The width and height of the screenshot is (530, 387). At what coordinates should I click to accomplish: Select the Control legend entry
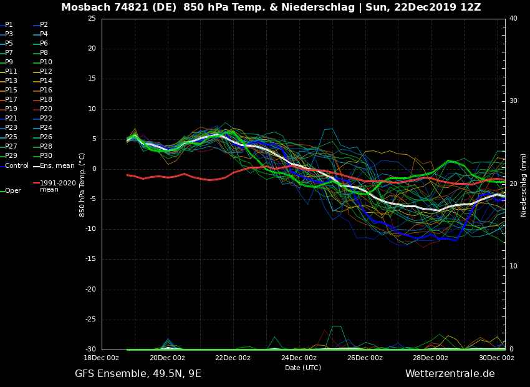[16, 166]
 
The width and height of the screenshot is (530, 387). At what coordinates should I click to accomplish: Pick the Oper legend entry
[12, 191]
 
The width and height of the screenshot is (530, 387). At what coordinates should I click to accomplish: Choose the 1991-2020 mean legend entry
[57, 186]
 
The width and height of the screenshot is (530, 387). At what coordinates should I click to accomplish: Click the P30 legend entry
[46, 156]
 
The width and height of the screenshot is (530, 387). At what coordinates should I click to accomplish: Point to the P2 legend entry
[44, 25]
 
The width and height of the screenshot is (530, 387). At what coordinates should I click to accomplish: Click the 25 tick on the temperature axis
[92, 19]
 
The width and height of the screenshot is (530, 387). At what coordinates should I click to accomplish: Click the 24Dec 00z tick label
[299, 358]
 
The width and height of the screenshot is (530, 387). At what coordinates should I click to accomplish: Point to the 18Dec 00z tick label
[102, 358]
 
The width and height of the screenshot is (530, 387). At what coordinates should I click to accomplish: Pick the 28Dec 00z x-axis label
[430, 358]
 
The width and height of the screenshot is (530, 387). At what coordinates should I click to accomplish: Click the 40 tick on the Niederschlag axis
[513, 19]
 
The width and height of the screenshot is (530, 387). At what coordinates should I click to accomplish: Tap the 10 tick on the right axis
[513, 267]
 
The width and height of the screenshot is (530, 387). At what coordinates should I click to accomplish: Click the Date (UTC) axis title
[303, 368]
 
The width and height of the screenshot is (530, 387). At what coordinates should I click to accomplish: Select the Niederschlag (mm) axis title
[524, 185]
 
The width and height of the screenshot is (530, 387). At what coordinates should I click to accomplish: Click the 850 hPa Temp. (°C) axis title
[82, 185]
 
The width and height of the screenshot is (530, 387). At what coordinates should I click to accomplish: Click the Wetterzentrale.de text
[450, 374]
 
